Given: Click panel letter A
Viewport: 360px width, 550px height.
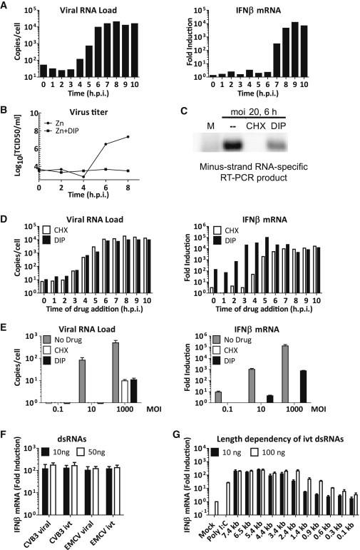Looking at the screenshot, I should click(x=6, y=6).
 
